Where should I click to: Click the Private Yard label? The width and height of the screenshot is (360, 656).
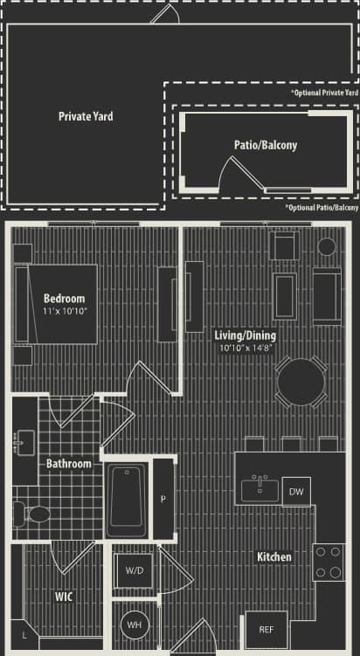point(86,116)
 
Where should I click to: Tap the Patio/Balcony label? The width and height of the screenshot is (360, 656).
point(265,145)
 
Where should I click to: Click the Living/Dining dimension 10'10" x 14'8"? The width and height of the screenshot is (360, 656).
point(246,348)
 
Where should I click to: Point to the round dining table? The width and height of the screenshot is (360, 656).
point(301,380)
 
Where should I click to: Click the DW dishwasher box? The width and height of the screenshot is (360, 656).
point(298,492)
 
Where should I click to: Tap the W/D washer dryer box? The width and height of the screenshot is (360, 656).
point(135,570)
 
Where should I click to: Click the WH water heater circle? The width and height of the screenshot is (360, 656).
point(135,625)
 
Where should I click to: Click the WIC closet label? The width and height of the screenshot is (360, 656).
point(63,597)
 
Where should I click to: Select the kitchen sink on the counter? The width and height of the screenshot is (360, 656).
point(260,488)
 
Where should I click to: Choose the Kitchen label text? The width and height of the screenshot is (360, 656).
point(273,556)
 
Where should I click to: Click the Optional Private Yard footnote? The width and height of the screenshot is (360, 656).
point(324,93)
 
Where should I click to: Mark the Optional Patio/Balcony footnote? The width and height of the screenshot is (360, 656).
point(322,208)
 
